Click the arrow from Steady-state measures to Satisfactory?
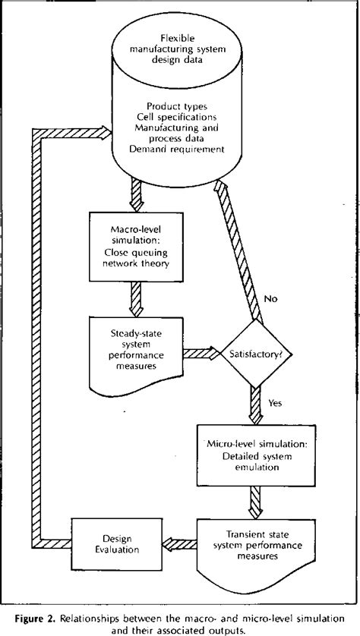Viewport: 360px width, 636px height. point(198,353)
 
